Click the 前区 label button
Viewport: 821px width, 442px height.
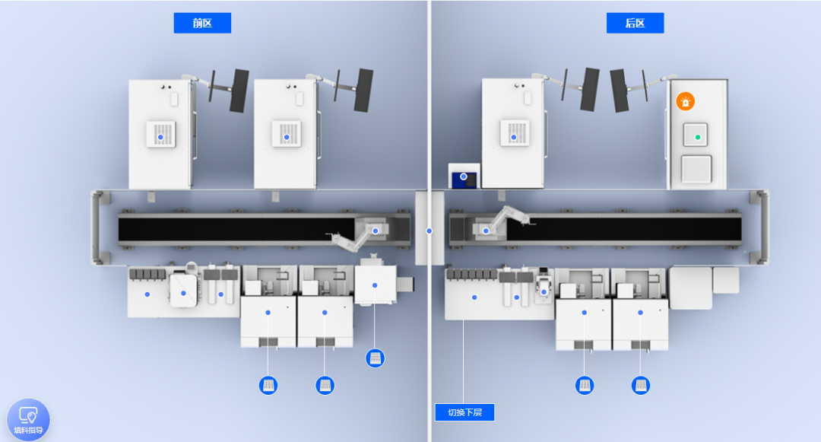pyautogui.click(x=202, y=23)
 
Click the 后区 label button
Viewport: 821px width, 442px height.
pyautogui.click(x=635, y=23)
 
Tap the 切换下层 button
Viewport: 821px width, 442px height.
pyautogui.click(x=464, y=412)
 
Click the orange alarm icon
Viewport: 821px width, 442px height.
pyautogui.click(x=686, y=101)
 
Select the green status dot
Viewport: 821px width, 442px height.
pyautogui.click(x=697, y=137)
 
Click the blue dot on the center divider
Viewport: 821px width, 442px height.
pyautogui.click(x=430, y=231)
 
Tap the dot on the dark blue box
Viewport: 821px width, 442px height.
pyautogui.click(x=464, y=176)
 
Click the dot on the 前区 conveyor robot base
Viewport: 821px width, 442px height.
pyautogui.click(x=376, y=231)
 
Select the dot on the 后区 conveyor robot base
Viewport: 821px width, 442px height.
pyautogui.click(x=486, y=231)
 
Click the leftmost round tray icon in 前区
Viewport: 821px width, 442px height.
pyautogui.click(x=268, y=386)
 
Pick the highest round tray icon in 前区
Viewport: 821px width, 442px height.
pyautogui.click(x=375, y=358)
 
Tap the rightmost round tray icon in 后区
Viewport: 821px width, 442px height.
pyautogui.click(x=641, y=386)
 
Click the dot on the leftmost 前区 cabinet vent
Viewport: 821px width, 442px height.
pyautogui.click(x=160, y=137)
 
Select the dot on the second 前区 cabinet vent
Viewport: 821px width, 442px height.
pyautogui.click(x=287, y=137)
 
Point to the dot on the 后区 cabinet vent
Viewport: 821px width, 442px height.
pyautogui.click(x=514, y=137)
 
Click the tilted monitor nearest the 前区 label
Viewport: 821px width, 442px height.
pyautogui.click(x=239, y=91)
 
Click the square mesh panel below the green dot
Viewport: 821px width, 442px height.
pyautogui.click(x=696, y=169)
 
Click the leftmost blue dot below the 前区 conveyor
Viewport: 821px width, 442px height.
pyautogui.click(x=147, y=295)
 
